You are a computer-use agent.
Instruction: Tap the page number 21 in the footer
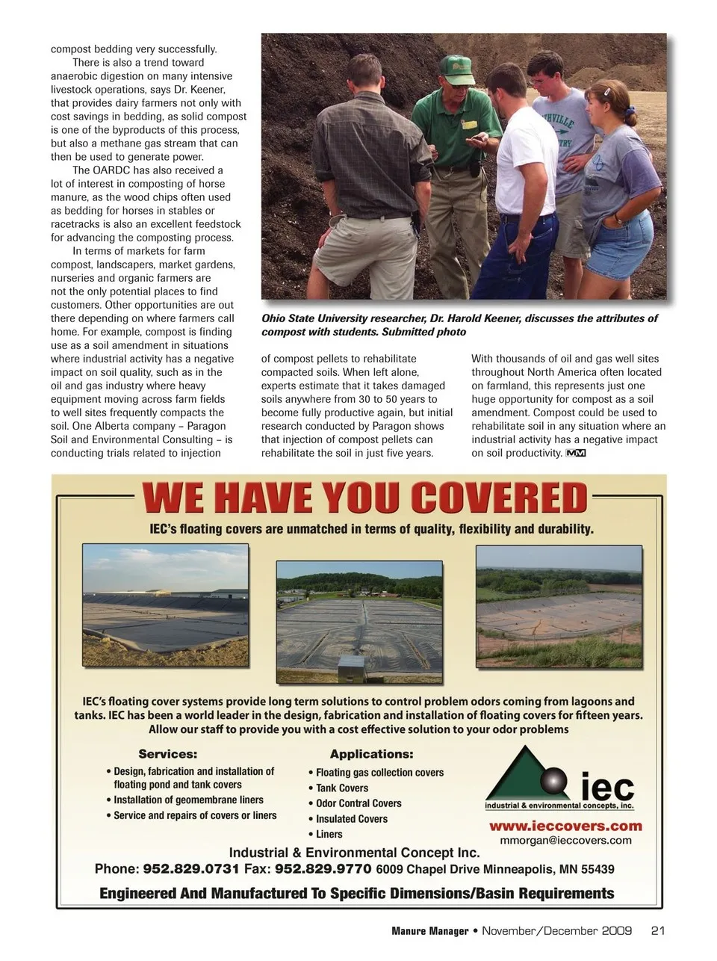click(x=658, y=930)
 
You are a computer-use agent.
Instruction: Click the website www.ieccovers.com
click(x=565, y=826)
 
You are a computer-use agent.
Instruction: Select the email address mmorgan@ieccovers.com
click(x=565, y=840)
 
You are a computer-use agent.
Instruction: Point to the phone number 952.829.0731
click(x=190, y=869)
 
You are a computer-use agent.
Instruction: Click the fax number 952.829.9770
click(x=323, y=869)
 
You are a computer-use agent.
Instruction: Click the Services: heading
click(x=168, y=754)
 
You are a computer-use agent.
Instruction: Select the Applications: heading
click(x=371, y=754)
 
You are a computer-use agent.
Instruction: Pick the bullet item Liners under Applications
click(x=329, y=834)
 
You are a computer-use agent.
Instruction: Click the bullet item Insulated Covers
click(x=352, y=818)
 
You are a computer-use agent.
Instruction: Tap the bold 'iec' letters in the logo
click(x=606, y=788)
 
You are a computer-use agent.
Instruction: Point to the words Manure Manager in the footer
click(x=429, y=930)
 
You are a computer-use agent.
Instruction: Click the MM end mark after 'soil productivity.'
click(x=576, y=453)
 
